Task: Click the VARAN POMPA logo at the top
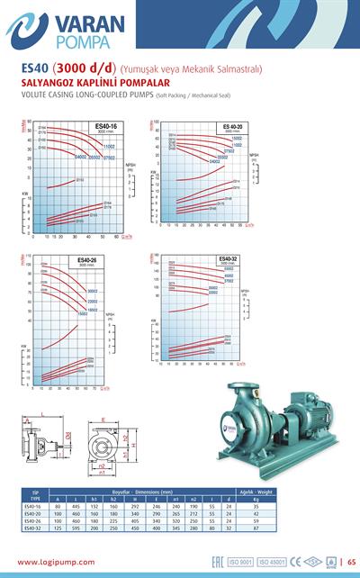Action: tap(64, 30)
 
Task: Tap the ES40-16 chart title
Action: tap(106, 125)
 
